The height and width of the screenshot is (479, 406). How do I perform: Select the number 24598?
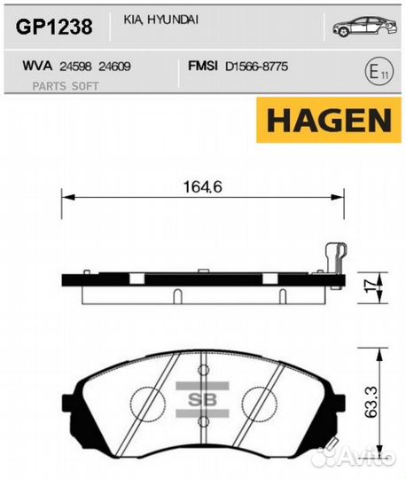(x=78, y=66)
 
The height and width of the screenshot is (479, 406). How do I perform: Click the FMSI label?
(x=204, y=66)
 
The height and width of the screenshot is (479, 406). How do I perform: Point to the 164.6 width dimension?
(x=202, y=187)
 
